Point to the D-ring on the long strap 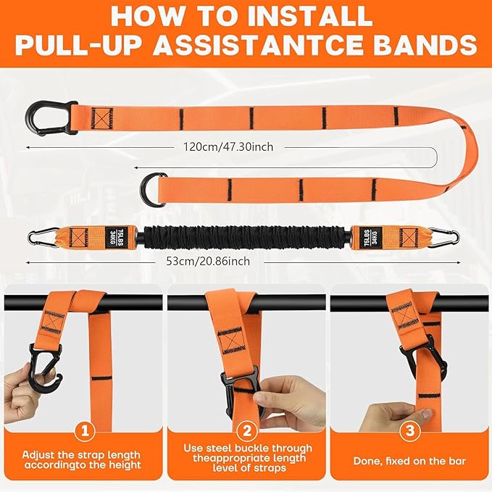(151, 188)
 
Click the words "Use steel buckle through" (246, 449)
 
